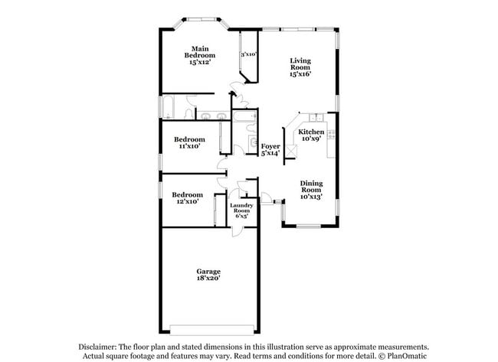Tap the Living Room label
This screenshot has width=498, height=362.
click(300, 64)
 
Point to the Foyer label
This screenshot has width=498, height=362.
click(270, 145)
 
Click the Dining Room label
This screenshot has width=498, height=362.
click(311, 186)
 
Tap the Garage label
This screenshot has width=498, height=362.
click(208, 271)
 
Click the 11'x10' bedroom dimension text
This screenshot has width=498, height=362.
click(189, 146)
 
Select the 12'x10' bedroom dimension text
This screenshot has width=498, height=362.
click(187, 201)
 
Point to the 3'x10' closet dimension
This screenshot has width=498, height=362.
click(248, 54)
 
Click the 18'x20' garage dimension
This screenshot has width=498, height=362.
click(208, 279)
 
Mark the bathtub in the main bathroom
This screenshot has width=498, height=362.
click(169, 108)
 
